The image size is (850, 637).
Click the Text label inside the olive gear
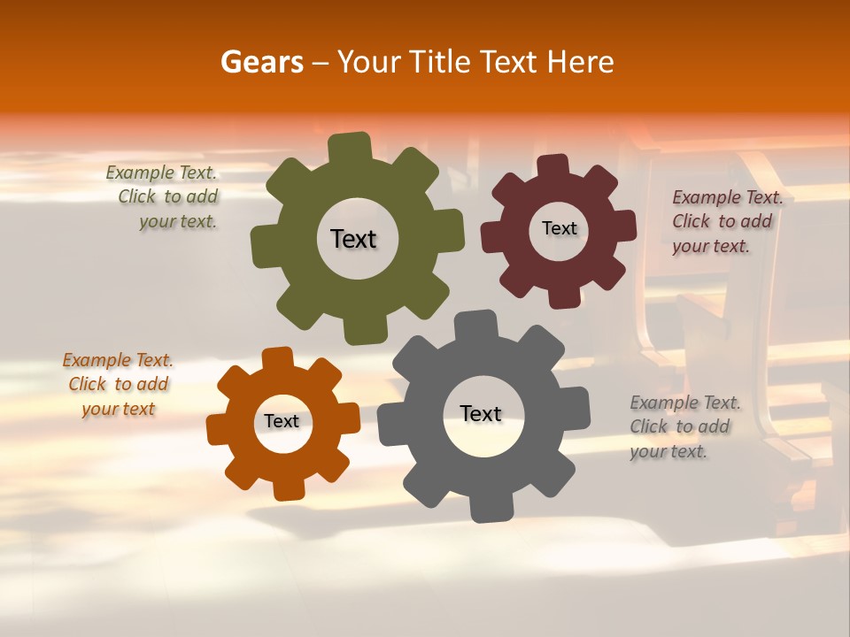point(353,239)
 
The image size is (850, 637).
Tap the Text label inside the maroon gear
point(559,228)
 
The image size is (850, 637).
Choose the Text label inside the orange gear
point(282,421)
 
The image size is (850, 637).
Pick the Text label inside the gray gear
point(480,413)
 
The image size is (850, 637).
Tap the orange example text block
point(118,384)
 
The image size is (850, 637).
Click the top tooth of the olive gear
point(349,147)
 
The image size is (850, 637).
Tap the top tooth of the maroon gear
point(553,167)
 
